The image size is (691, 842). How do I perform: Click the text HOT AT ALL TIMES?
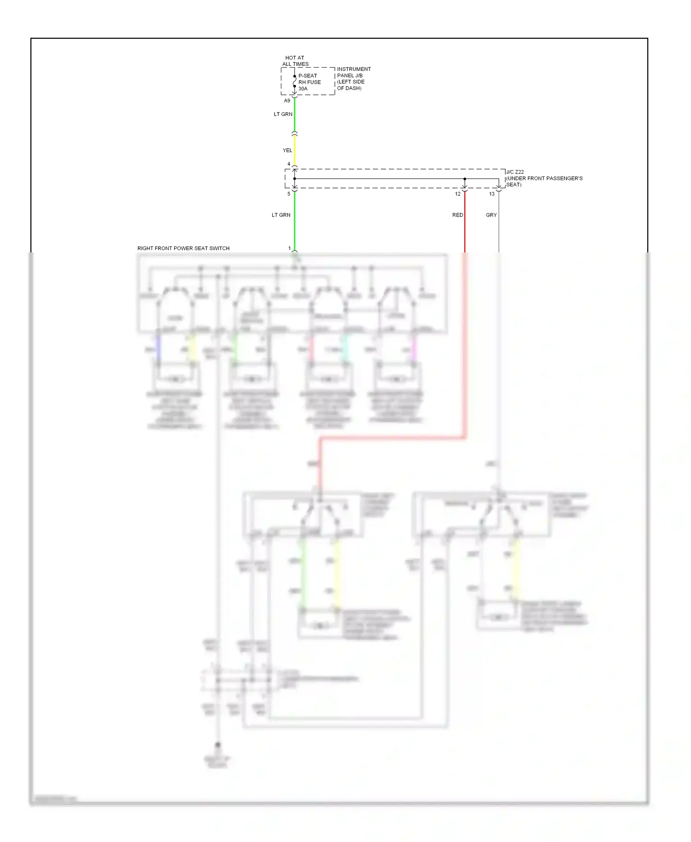[x=295, y=61]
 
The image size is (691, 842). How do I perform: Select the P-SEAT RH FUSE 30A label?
[x=309, y=82]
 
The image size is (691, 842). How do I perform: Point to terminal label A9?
[x=287, y=100]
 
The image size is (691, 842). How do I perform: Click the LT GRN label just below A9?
[x=283, y=114]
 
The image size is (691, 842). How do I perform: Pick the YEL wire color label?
[x=287, y=150]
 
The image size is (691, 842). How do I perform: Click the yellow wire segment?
[x=294, y=150]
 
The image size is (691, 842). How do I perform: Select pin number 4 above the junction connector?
[x=289, y=164]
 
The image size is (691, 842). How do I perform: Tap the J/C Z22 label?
[x=515, y=172]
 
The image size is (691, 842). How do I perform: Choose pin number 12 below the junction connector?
[x=457, y=194]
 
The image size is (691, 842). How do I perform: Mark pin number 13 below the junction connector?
[x=492, y=194]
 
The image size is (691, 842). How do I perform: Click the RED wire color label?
[x=457, y=215]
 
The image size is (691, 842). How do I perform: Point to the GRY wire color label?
[x=491, y=215]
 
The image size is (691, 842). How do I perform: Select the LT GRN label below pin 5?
[x=281, y=215]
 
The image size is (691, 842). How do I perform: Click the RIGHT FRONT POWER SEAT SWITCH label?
[x=183, y=248]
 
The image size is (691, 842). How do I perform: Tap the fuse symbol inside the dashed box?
[x=294, y=82]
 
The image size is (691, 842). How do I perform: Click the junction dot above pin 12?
[x=464, y=179]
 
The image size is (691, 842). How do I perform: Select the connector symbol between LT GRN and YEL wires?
[x=294, y=134]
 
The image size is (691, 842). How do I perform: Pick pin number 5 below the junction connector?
[x=289, y=194]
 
